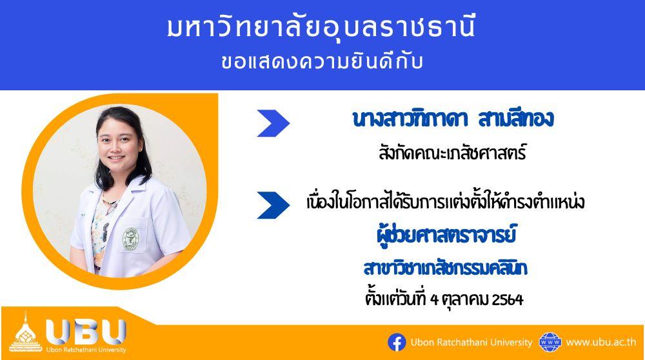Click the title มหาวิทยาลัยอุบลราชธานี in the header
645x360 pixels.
tap(321, 28)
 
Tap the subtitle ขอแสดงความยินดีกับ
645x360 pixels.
tap(322, 63)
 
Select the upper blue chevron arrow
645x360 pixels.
tap(273, 123)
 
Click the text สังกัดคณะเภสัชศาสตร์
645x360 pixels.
tap(453, 153)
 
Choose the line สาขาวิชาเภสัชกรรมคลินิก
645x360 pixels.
tap(446, 268)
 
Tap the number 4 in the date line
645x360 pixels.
tap(434, 299)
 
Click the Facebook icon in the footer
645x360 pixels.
tap(397, 343)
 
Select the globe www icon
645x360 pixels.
tap(550, 343)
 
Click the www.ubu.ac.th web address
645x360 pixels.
tap(601, 343)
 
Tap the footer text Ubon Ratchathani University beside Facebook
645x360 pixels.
tap(471, 343)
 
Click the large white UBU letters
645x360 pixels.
tap(86, 331)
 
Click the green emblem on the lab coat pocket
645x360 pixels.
tap(131, 239)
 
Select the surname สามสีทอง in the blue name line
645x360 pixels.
tap(516, 119)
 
